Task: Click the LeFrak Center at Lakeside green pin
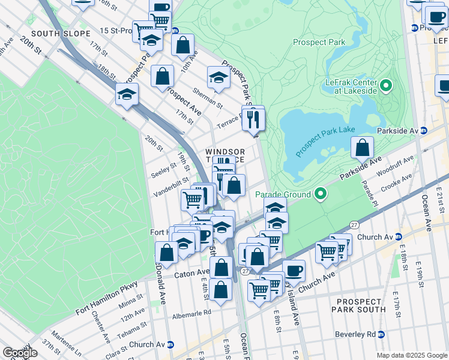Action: coord(385,86)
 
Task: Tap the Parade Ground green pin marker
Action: coord(321,194)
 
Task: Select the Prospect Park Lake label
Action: coord(325,139)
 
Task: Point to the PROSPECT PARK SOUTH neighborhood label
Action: coord(358,305)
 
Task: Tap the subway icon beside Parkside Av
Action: coord(423,131)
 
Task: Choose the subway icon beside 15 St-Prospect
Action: coord(175,31)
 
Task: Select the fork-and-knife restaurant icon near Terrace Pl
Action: coord(253,119)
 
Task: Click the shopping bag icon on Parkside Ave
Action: coord(362,148)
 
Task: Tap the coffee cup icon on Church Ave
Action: coord(294,271)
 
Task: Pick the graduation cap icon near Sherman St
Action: coord(218,77)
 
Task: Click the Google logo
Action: coord(19,353)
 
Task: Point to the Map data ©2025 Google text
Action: coord(411,355)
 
